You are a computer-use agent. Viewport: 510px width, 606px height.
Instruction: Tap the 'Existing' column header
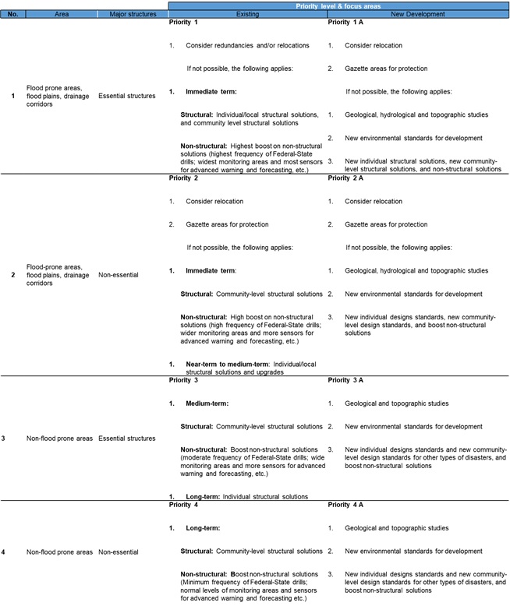coord(246,14)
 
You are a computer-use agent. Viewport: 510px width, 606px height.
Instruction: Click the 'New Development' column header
coord(417,14)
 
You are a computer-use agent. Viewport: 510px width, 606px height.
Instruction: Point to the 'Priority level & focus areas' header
coord(339,5)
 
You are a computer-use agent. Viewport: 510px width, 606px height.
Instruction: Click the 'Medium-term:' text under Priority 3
coord(207,403)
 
